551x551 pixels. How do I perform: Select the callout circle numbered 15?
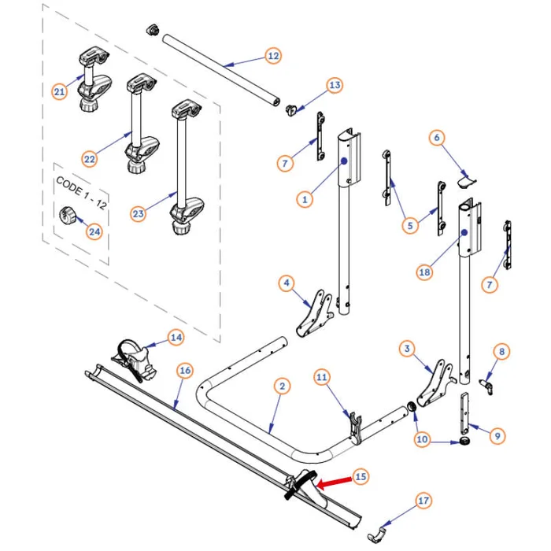(x=361, y=475)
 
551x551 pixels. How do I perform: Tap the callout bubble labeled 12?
(x=273, y=56)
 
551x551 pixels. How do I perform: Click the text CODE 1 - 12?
(x=82, y=187)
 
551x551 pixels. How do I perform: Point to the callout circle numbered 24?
(x=94, y=232)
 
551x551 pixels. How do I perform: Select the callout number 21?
(x=59, y=92)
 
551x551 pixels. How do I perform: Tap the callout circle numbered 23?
(x=138, y=213)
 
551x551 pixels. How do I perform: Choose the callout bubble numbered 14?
(x=176, y=337)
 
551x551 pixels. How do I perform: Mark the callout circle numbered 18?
(x=424, y=272)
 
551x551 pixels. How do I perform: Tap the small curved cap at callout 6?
(x=466, y=180)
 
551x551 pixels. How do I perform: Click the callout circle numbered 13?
(x=335, y=84)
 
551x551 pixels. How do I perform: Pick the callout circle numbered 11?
(x=320, y=377)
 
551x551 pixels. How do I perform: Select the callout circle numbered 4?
(x=287, y=282)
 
